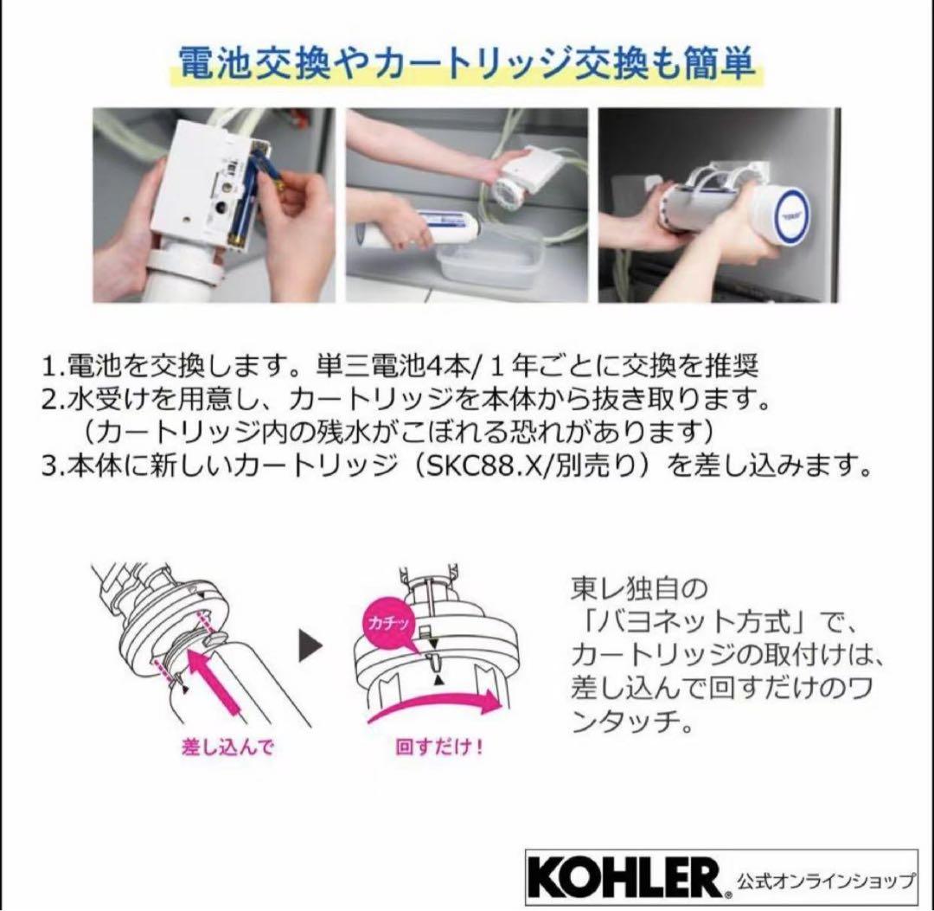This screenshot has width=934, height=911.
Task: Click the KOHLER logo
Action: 623,878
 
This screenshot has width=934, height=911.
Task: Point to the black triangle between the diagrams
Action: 309,645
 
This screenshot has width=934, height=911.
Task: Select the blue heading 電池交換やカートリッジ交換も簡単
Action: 466,63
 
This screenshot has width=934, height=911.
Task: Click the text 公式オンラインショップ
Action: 823,882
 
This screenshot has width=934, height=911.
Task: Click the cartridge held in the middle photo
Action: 432,228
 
